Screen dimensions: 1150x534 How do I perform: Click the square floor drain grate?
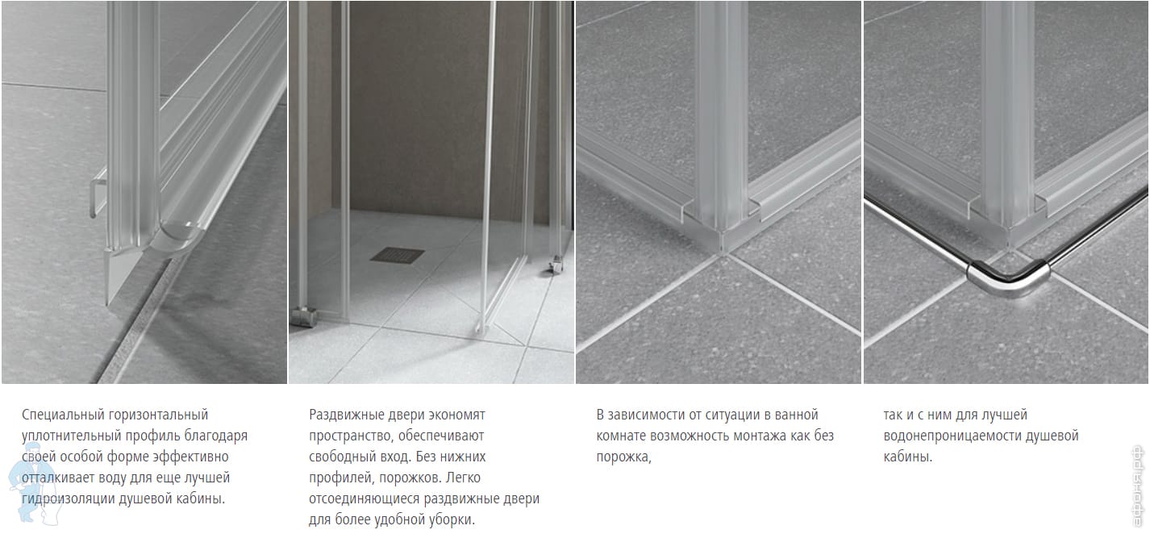pos(397,255)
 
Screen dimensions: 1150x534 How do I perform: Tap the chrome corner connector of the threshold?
pos(1008,278)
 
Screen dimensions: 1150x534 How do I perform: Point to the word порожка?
pos(623,457)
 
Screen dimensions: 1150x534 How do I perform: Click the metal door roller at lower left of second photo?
pos(305,316)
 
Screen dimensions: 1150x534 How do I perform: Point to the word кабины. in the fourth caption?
pos(908,457)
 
